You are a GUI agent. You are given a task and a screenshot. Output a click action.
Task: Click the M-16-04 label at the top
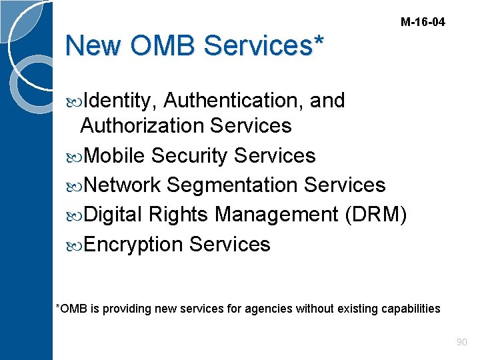(x=423, y=22)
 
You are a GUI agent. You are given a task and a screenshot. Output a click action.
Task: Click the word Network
(x=123, y=185)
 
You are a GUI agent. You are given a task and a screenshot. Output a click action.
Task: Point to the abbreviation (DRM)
(x=375, y=215)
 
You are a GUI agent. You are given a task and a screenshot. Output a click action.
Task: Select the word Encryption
(x=133, y=245)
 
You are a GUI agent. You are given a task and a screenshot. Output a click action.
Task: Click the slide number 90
(x=461, y=342)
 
